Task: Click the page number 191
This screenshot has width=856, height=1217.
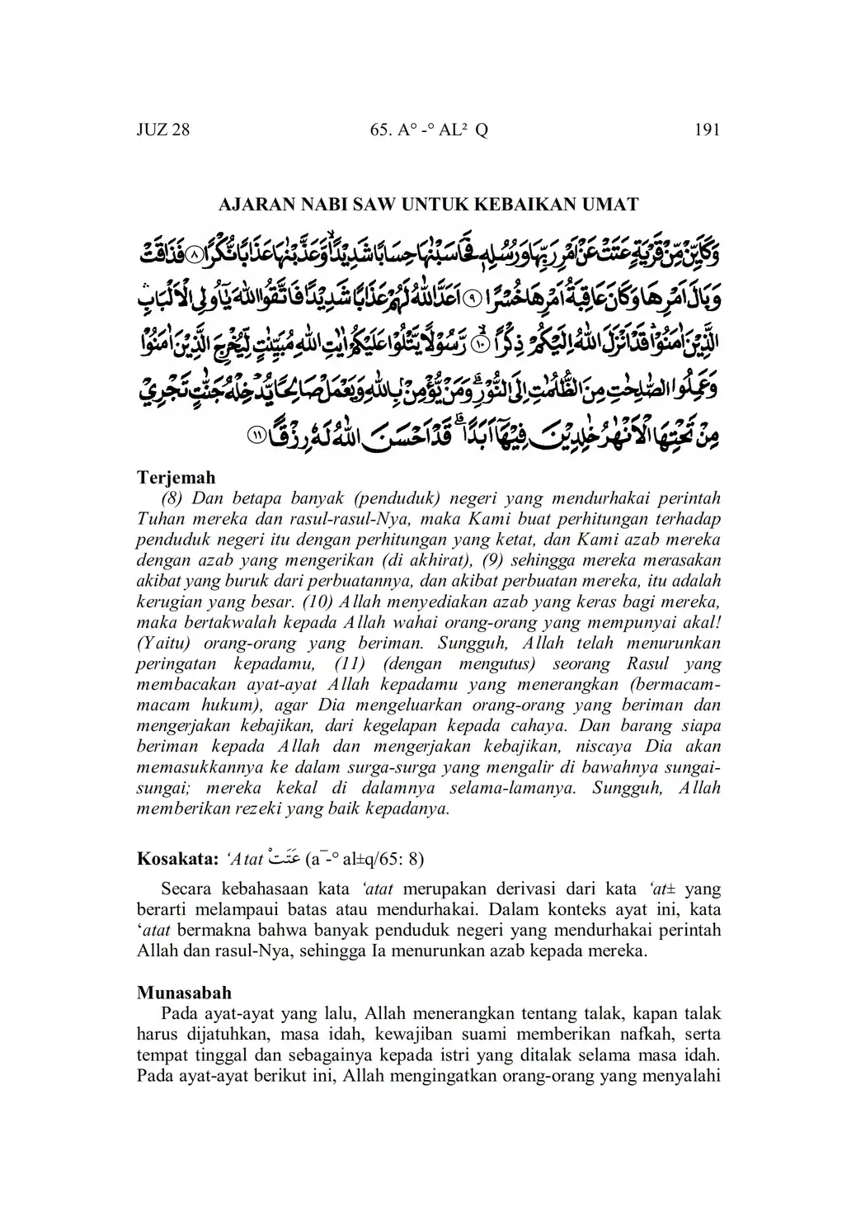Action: click(x=708, y=130)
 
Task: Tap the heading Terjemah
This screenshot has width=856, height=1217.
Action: click(x=176, y=477)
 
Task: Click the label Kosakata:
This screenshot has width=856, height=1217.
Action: click(x=176, y=858)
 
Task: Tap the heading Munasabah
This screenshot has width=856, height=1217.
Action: click(x=184, y=992)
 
